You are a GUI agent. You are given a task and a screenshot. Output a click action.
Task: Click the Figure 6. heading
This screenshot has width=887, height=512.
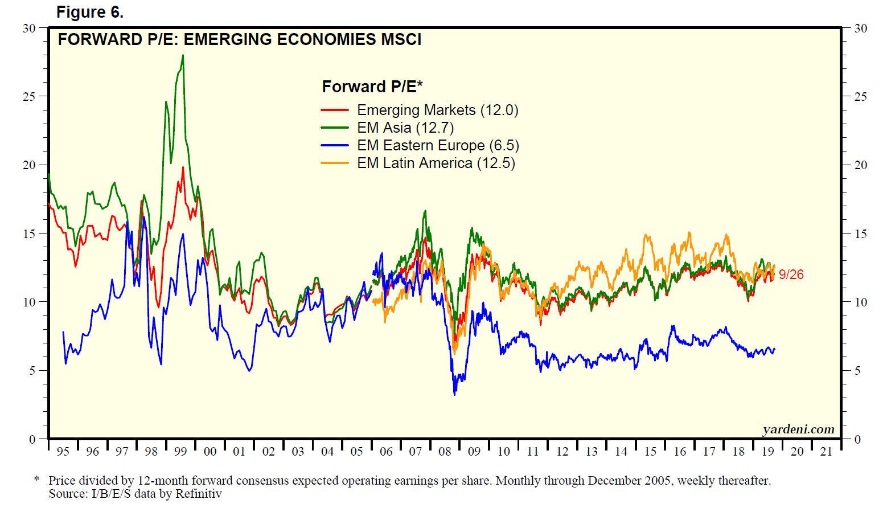pyautogui.click(x=89, y=12)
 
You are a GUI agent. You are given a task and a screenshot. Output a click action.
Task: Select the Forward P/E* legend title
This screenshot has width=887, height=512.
pyautogui.click(x=372, y=87)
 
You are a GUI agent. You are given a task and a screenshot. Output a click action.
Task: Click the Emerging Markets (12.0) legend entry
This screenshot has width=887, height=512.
pyautogui.click(x=437, y=110)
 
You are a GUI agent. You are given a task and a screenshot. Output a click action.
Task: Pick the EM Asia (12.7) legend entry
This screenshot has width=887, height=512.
pyautogui.click(x=405, y=128)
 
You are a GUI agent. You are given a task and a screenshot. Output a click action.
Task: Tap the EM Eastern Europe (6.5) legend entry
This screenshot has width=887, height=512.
pyautogui.click(x=438, y=145)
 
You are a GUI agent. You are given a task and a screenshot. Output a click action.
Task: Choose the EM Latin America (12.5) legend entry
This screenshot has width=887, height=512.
pyautogui.click(x=436, y=163)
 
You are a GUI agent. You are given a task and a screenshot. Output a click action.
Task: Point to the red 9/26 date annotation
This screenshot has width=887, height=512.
pyautogui.click(x=791, y=275)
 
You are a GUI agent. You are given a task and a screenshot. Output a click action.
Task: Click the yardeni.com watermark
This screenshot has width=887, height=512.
pyautogui.click(x=798, y=429)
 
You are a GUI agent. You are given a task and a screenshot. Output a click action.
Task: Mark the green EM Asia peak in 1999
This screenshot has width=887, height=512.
pyautogui.click(x=183, y=55)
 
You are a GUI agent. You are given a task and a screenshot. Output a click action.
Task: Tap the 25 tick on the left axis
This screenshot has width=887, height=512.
pyautogui.click(x=29, y=97)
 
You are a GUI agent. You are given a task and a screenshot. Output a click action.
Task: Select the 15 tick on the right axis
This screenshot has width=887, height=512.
pyautogui.click(x=861, y=234)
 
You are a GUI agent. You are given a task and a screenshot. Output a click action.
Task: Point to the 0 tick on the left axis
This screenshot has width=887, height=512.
pyautogui.click(x=32, y=439)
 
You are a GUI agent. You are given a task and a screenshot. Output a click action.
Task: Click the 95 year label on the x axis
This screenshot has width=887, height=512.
pyautogui.click(x=63, y=452)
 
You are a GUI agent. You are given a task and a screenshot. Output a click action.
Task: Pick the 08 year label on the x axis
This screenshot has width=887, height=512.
pyautogui.click(x=445, y=452)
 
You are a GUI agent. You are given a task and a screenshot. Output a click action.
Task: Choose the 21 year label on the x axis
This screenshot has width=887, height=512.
pyautogui.click(x=826, y=452)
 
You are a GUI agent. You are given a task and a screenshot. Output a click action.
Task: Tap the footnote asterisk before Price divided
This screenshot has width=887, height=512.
pyautogui.click(x=37, y=480)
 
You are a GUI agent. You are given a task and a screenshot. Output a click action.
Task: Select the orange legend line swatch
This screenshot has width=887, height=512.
pyautogui.click(x=335, y=163)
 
